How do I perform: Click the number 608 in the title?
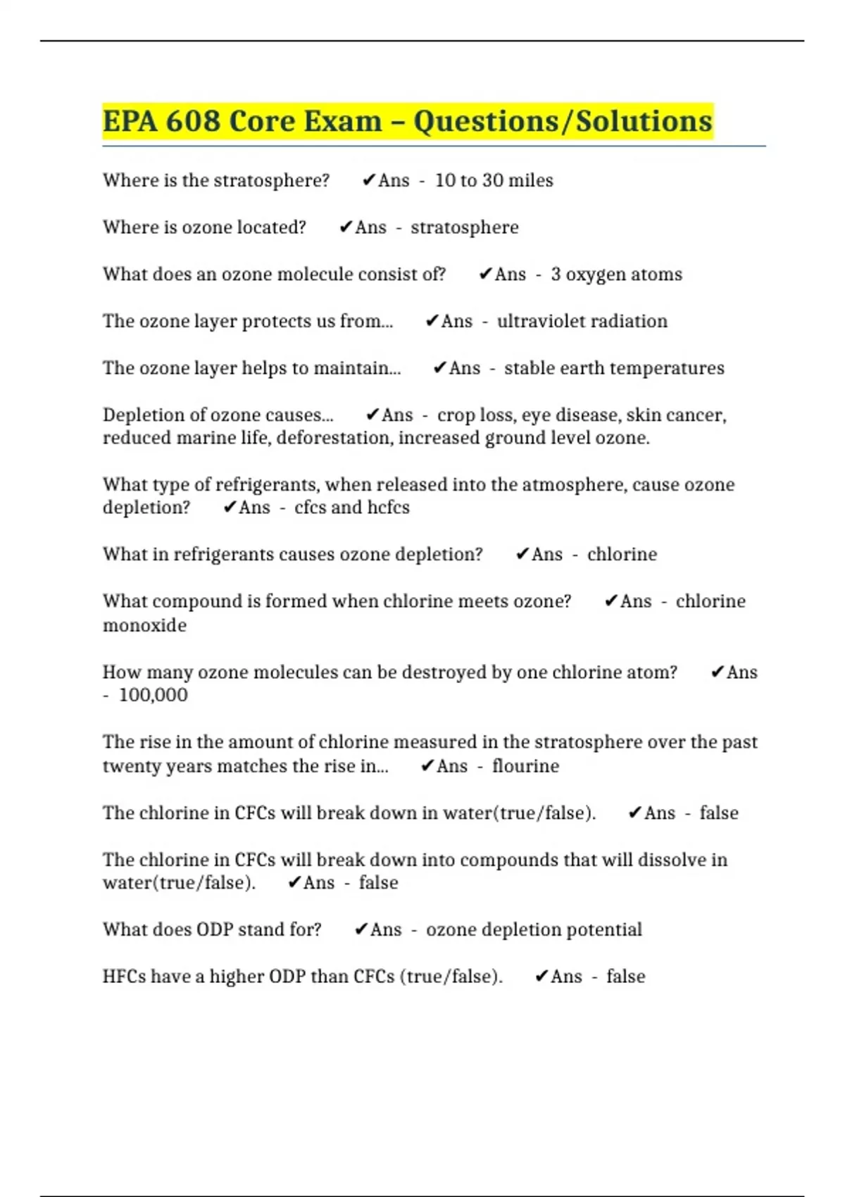coord(193,121)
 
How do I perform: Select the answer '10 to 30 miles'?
coord(494,180)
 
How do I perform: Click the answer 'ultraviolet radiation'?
coord(582,321)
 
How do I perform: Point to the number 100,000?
coord(153,695)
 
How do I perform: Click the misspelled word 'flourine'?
coord(525,766)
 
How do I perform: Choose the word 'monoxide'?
coord(144,625)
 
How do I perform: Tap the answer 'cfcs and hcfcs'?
coord(351,508)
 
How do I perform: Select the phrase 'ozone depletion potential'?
coord(534,929)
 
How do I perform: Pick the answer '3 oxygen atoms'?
coord(616,274)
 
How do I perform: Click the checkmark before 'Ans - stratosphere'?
coord(345,227)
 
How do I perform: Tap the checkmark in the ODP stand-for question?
coord(361,929)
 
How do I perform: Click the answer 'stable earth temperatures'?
coord(614,368)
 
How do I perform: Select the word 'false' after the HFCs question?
coord(625,977)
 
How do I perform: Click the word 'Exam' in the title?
coord(341,121)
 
